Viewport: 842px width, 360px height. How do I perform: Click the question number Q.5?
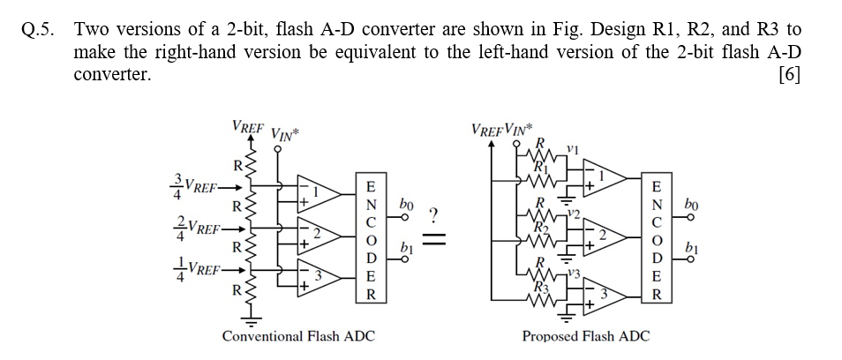point(37,30)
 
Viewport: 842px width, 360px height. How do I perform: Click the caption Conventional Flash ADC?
point(298,336)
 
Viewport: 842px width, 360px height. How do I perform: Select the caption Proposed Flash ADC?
point(585,336)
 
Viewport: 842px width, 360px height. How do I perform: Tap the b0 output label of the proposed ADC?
point(706,205)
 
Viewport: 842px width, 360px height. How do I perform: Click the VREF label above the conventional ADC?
point(247,125)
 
